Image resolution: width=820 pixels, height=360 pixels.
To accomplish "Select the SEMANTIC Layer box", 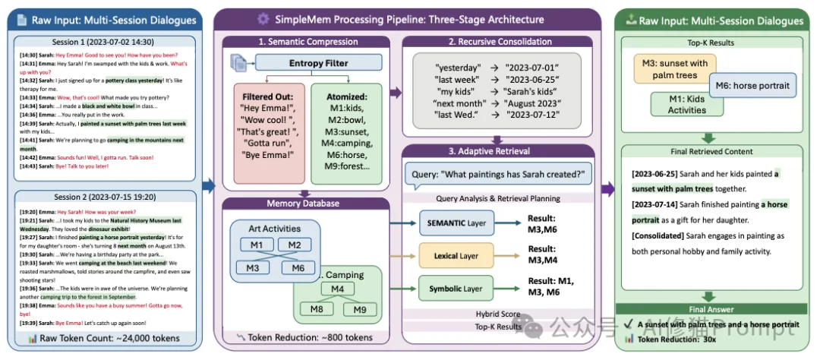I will click(456, 223).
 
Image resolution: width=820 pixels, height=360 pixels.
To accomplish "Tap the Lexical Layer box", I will click(456, 256).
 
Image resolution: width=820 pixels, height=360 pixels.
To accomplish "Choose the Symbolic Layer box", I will click(456, 289).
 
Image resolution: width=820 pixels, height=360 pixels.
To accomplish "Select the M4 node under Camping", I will click(337, 289).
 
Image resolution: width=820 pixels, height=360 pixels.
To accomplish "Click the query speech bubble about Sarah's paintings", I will click(498, 175).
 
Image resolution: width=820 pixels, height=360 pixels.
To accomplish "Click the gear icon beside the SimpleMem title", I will click(263, 19).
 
